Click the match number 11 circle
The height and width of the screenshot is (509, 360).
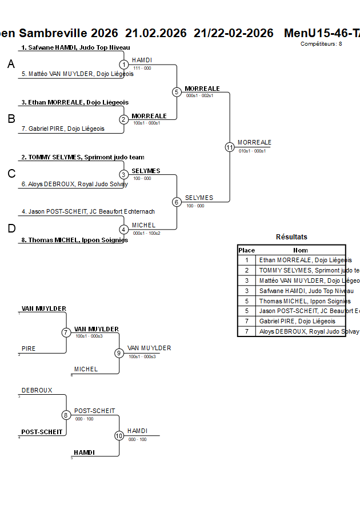(x=230, y=147)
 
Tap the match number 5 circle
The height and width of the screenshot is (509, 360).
(x=177, y=92)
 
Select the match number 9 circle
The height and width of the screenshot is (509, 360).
(x=119, y=353)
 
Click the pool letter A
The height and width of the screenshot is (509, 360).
(x=11, y=65)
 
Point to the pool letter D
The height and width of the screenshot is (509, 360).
(x=11, y=229)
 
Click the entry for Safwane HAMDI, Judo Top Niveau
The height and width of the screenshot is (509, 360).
(x=75, y=47)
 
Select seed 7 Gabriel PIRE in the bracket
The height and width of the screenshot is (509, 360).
(x=66, y=129)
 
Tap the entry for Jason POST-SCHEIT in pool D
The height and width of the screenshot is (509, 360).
(x=88, y=211)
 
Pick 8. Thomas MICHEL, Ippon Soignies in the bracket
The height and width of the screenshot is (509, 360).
(x=74, y=240)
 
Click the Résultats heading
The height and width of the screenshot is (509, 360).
(x=291, y=237)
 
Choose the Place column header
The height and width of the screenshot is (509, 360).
(x=247, y=250)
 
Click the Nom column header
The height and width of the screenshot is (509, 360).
(x=301, y=250)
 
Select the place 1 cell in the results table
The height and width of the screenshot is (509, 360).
(x=247, y=260)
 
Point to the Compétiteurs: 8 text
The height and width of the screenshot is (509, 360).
(x=321, y=44)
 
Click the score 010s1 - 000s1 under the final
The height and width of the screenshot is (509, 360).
(x=252, y=151)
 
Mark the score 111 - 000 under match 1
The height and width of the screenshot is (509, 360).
(x=142, y=68)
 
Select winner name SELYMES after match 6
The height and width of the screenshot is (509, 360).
(x=199, y=198)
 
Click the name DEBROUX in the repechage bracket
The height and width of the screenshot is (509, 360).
(x=37, y=391)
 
